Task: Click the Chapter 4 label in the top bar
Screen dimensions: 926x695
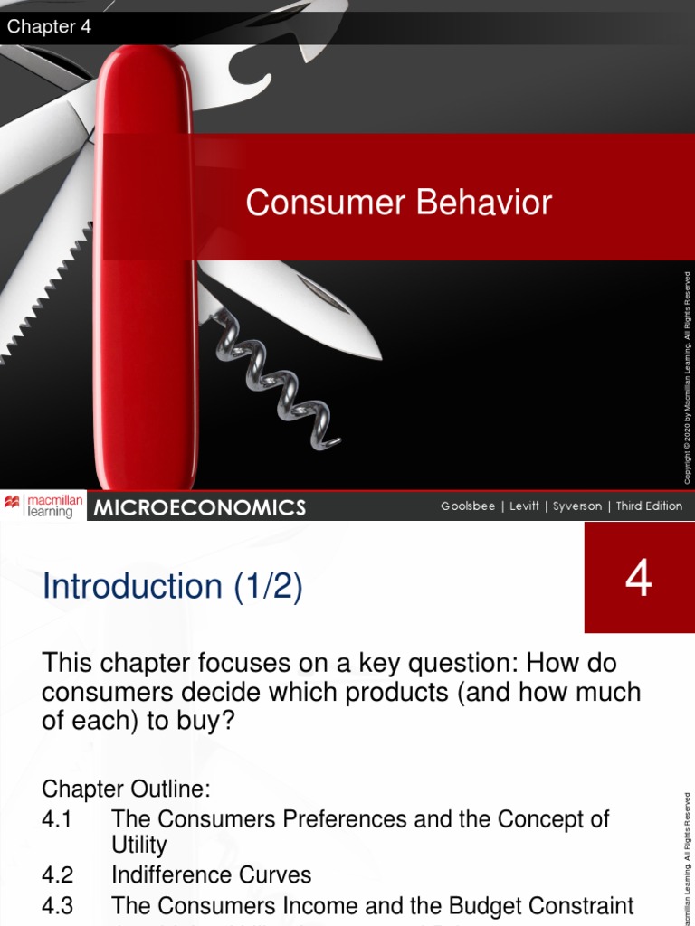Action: [x=49, y=27]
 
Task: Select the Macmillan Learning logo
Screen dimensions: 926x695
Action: [x=43, y=506]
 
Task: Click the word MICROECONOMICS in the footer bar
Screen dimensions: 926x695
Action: [x=200, y=508]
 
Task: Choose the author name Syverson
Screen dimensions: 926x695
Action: [x=576, y=506]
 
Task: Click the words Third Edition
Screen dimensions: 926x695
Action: [x=649, y=506]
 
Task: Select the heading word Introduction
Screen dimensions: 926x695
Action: [x=132, y=587]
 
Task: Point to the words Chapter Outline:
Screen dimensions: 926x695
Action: [x=126, y=789]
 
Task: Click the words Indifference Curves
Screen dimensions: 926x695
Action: [x=211, y=875]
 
